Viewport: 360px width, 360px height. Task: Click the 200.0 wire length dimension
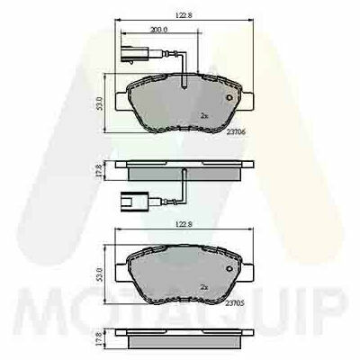(159, 30)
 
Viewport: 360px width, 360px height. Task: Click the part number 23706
(236, 131)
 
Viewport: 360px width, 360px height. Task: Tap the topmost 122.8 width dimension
(184, 15)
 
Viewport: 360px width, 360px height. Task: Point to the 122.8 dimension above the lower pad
(184, 224)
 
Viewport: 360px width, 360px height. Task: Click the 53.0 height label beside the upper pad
(100, 103)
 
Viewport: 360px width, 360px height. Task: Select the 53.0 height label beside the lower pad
(100, 274)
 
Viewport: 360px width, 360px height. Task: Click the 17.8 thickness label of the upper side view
(100, 171)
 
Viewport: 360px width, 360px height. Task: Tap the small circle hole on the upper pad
(229, 97)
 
